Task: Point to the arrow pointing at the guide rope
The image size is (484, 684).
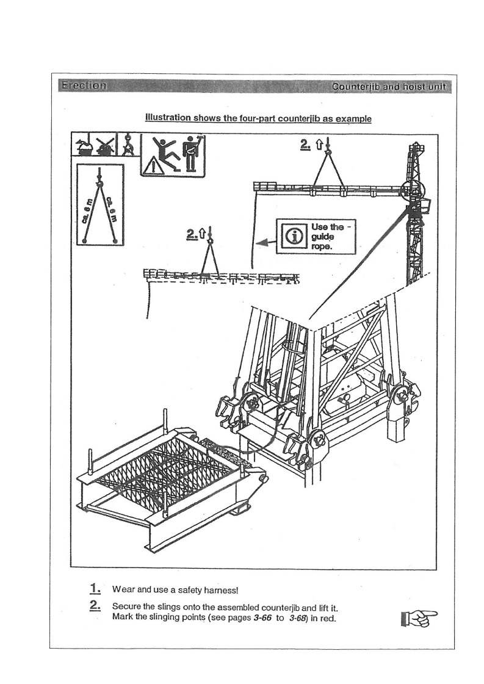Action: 264,242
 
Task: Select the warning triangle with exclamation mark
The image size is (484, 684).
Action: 153,165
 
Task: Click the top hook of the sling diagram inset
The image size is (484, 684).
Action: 99,181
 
